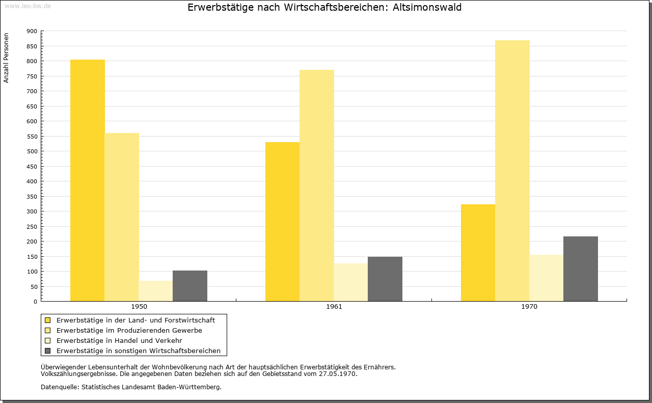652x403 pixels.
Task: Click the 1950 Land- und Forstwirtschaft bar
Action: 87,180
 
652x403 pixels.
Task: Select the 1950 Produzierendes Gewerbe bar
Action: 122,217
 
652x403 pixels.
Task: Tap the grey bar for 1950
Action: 190,286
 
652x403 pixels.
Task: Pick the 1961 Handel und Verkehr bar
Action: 351,282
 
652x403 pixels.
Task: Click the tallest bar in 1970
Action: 512,171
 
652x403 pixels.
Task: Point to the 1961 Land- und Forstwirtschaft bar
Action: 282,222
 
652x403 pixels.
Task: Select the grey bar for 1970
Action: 581,269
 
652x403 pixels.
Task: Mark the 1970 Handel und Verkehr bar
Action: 547,278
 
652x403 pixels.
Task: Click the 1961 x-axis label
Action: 334,307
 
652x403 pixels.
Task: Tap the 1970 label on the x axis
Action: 529,307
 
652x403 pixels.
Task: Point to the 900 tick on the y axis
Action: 32,31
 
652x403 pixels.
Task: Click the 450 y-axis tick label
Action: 32,167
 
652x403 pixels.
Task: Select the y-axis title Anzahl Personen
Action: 6,58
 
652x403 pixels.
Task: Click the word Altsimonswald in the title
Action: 427,7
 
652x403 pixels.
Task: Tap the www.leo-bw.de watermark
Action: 28,6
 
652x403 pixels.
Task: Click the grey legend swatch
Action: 47,351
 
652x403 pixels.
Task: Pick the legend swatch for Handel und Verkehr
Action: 47,341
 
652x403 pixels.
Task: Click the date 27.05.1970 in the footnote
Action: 337,374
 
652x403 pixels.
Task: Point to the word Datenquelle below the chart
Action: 60,387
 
